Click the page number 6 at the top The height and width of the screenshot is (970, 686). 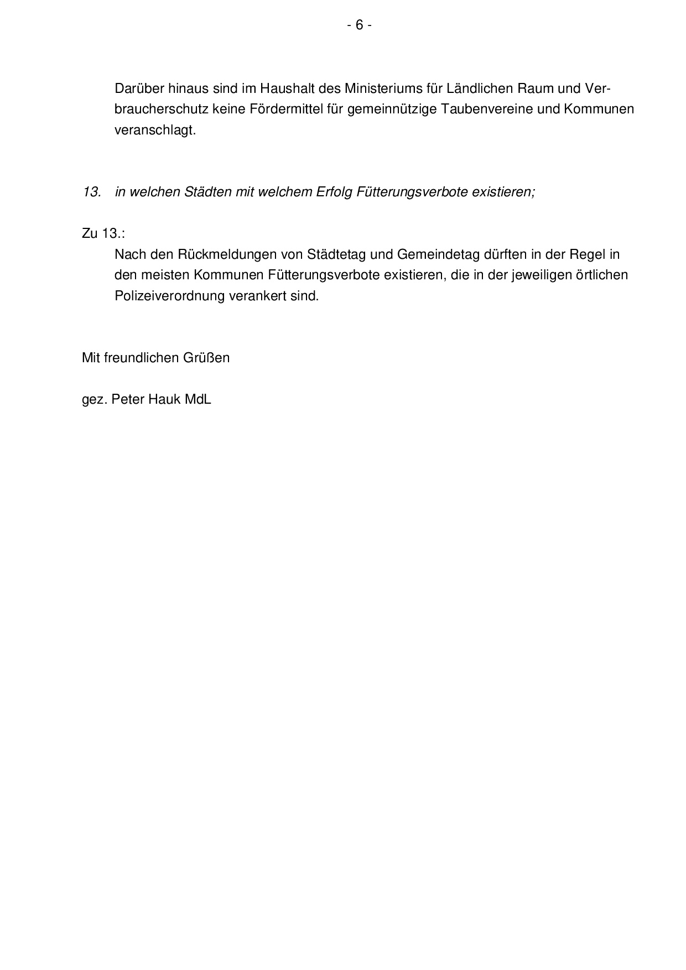[x=359, y=25]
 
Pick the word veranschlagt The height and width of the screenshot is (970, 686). [x=155, y=131]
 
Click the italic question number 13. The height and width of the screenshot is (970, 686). [x=91, y=192]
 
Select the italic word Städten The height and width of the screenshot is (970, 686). [x=213, y=192]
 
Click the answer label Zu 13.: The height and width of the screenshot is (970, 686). [x=103, y=233]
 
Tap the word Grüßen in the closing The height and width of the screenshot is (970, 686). [x=206, y=358]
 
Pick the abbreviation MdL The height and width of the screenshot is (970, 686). [x=198, y=399]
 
